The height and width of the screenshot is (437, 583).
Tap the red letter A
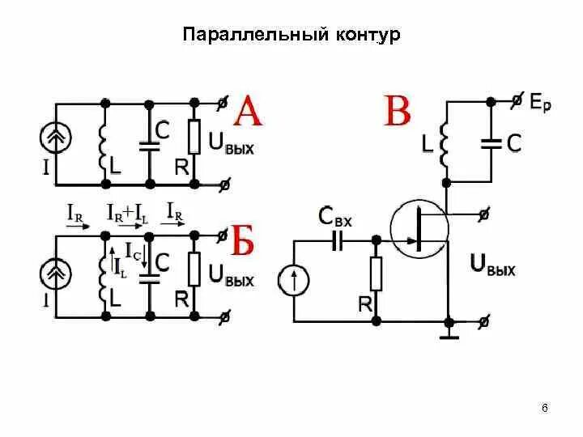point(248,112)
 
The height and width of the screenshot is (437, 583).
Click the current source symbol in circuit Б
point(57,275)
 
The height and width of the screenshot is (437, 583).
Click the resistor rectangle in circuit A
point(194,138)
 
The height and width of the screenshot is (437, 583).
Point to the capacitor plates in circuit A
point(149,146)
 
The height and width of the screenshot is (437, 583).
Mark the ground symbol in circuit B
point(448,329)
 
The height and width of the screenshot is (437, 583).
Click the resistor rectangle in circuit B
point(375,274)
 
